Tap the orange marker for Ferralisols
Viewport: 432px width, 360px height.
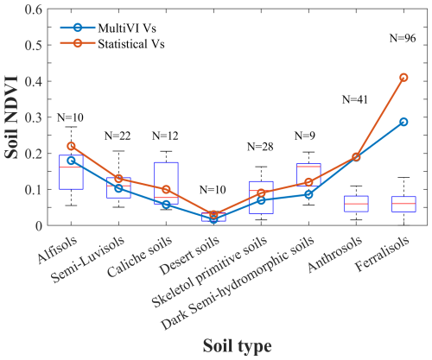coord(403,78)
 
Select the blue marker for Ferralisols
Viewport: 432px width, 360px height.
coord(403,122)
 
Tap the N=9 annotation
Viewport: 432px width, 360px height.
coord(308,136)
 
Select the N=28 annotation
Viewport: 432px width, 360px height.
coord(261,146)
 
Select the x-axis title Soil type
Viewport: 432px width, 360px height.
coord(237,344)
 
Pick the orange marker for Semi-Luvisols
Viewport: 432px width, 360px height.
coord(118,179)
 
